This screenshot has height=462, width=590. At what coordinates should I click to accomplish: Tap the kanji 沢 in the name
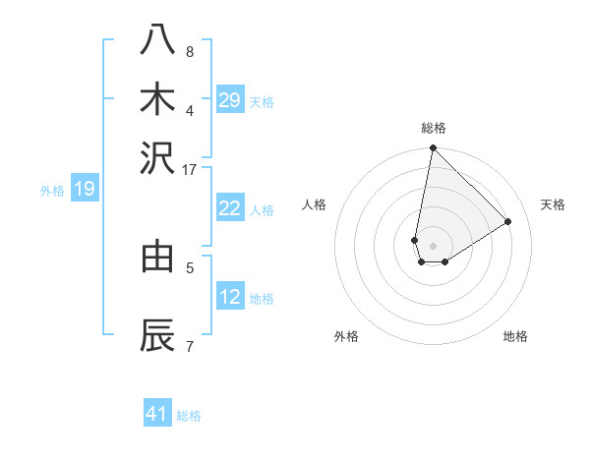(157, 157)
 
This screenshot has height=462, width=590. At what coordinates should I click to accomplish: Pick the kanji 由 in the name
(157, 258)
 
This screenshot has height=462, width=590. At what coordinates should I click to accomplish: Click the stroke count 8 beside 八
(190, 52)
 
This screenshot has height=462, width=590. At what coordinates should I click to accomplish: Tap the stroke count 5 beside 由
(190, 266)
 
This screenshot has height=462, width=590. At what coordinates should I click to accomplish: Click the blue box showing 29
(230, 100)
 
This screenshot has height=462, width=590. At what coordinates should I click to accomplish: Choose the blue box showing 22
(230, 208)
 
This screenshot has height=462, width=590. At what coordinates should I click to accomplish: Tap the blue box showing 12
(230, 297)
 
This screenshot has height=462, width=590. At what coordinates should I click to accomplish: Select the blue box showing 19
(84, 190)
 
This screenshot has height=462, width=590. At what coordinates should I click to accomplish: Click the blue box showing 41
(157, 414)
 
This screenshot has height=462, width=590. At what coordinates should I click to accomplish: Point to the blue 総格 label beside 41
(189, 416)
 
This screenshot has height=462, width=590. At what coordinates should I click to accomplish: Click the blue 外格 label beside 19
(52, 191)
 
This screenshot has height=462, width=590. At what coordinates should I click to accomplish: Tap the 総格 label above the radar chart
(434, 128)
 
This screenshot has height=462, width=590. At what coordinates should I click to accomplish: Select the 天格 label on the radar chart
(553, 204)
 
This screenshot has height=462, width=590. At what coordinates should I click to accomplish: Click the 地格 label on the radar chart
(515, 336)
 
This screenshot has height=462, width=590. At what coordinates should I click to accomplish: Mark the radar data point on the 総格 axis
(433, 148)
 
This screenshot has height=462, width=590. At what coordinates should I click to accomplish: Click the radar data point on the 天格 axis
(508, 221)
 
